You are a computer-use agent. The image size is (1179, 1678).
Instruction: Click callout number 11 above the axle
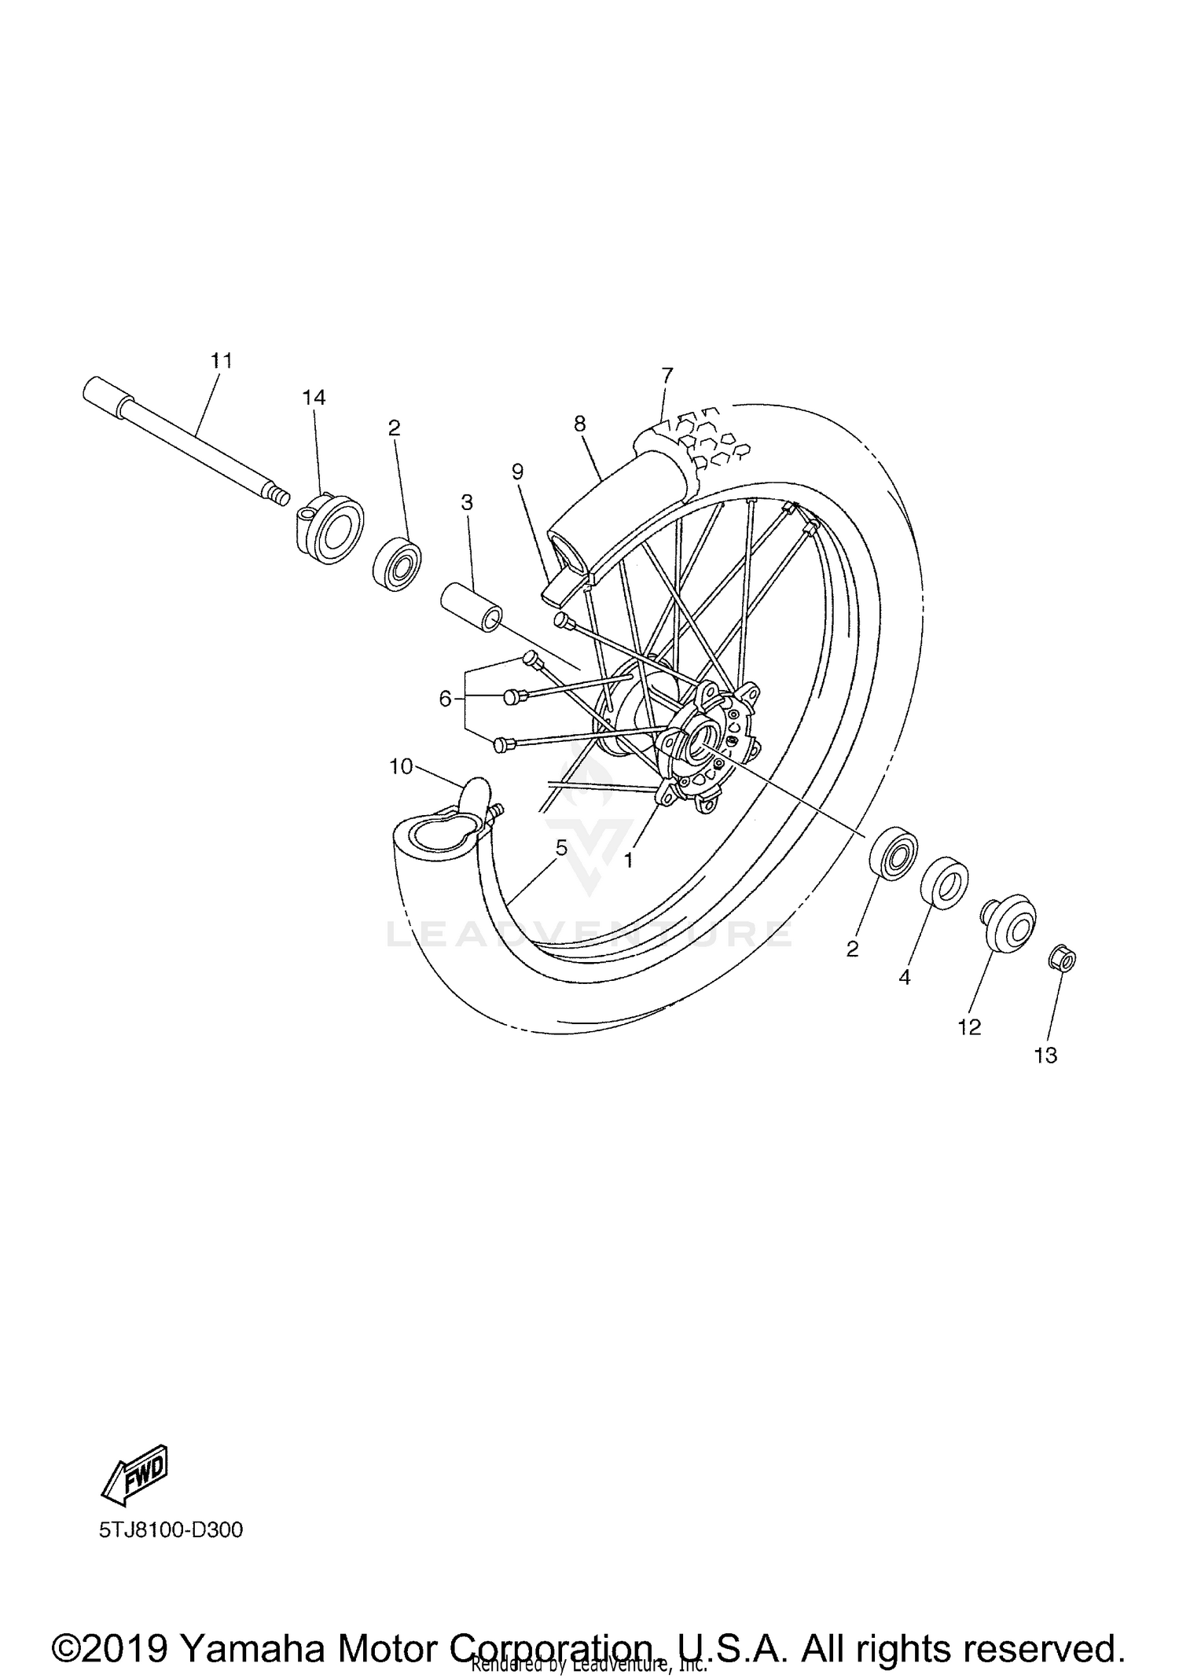click(x=222, y=361)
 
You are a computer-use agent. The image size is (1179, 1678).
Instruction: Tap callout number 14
click(x=314, y=398)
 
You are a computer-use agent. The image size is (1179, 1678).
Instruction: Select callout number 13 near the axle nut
click(x=1045, y=1056)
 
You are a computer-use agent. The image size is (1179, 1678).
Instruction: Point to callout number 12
click(x=969, y=1027)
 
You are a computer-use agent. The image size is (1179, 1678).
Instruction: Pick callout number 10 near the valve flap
click(x=401, y=766)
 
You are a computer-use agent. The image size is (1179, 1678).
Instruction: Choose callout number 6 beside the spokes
click(x=446, y=698)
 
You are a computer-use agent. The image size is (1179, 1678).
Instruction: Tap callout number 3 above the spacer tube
click(x=467, y=502)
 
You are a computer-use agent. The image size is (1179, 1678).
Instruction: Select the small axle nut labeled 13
click(x=1062, y=960)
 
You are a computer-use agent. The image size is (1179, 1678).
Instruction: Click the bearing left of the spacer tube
click(x=397, y=564)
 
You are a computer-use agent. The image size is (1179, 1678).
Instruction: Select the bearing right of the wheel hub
click(x=894, y=852)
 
